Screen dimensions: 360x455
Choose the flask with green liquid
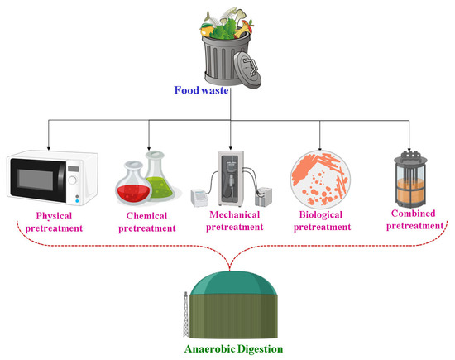pyautogui.click(x=163, y=175)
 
